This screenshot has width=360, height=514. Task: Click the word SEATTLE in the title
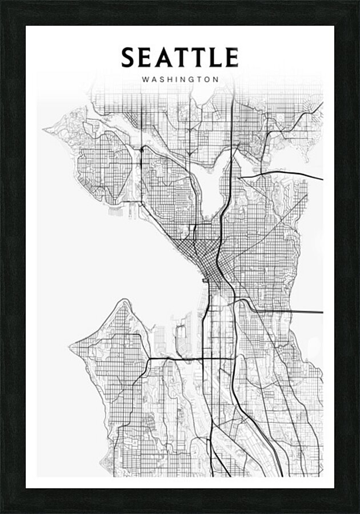179,58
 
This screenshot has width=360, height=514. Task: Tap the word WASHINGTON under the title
180,80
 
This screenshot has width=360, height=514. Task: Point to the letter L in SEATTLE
214,58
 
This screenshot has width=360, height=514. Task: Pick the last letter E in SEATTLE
231,58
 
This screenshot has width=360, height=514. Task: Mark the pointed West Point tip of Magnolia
43,129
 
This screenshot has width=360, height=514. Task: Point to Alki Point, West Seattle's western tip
70,346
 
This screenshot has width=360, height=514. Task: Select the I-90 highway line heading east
286,312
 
